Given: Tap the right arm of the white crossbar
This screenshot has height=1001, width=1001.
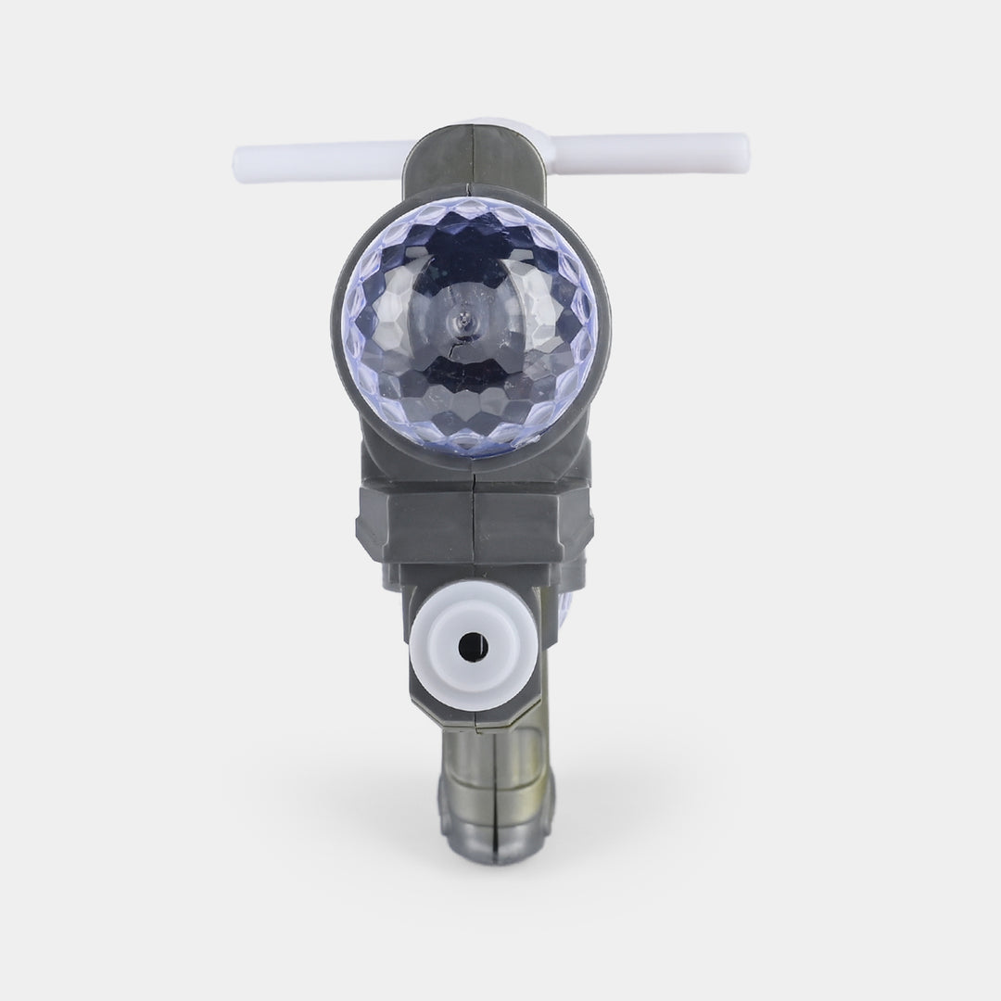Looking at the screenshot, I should (649, 146).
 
